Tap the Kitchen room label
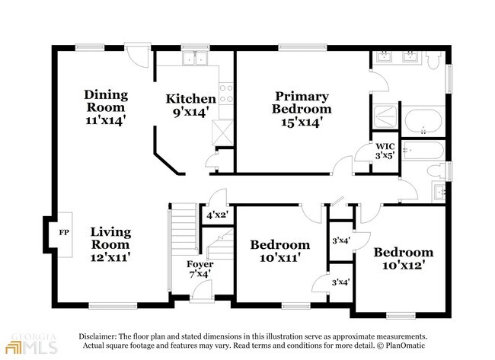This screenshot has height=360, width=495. [191, 105]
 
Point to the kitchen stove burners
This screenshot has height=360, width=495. [226, 94]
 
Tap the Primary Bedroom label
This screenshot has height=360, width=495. [302, 108]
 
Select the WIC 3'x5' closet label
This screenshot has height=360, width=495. [385, 151]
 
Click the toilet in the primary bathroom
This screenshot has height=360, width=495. [433, 59]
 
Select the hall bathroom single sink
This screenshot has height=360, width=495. [439, 189]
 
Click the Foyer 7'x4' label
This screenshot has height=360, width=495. [200, 269]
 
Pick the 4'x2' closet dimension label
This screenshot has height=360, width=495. [218, 215]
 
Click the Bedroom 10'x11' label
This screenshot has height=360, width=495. [280, 250]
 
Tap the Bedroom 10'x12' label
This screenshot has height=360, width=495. [403, 258]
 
